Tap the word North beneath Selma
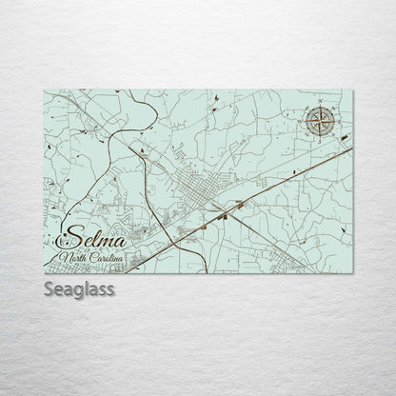(71, 258)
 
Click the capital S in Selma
(67, 237)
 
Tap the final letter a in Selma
(122, 239)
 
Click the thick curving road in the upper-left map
(119, 143)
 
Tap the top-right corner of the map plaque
(353, 90)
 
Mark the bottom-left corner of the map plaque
(44, 273)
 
